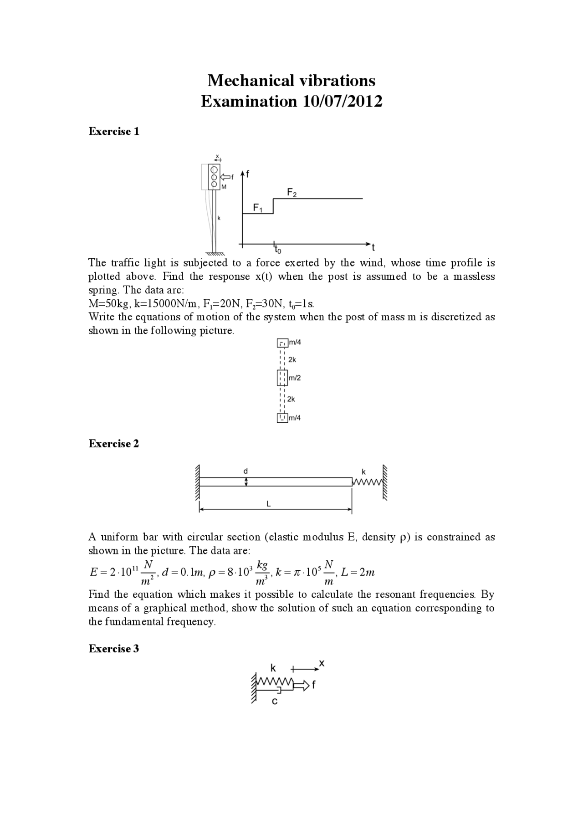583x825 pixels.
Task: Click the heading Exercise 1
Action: point(114,132)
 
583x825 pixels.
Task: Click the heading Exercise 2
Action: point(113,444)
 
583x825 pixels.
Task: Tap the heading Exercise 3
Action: point(113,649)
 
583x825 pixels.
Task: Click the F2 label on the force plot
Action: point(291,193)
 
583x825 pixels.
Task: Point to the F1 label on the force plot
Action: point(258,208)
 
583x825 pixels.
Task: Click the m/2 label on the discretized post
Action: point(295,378)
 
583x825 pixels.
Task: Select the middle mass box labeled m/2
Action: point(282,378)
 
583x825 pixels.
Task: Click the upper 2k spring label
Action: point(292,359)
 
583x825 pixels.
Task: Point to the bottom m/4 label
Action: point(295,418)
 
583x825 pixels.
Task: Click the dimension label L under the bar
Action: point(269,504)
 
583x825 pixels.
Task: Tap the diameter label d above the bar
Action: point(245,471)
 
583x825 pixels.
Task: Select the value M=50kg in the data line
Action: point(108,304)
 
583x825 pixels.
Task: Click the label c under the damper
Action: point(274,702)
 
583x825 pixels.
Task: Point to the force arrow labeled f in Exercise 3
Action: point(303,684)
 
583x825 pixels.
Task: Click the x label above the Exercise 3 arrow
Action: point(322,663)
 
